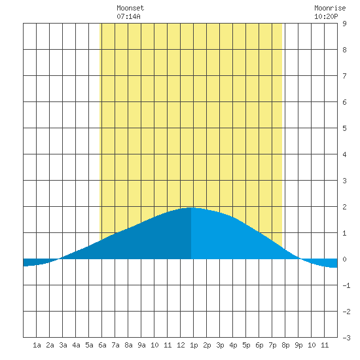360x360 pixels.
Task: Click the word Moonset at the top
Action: click(x=130, y=8)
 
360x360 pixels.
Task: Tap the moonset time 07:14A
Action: click(x=128, y=16)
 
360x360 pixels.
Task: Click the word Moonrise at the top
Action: click(x=330, y=8)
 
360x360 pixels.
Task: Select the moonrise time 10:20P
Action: click(x=326, y=16)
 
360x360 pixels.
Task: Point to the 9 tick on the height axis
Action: click(x=344, y=24)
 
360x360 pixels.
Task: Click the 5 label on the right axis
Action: click(x=344, y=128)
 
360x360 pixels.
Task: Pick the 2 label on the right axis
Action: click(x=344, y=207)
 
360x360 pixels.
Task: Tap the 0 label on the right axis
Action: click(x=344, y=259)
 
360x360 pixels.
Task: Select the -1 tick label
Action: click(x=346, y=285)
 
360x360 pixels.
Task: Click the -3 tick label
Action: click(x=346, y=338)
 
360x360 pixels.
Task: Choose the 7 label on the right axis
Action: click(x=344, y=76)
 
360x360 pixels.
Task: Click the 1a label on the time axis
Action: click(x=37, y=345)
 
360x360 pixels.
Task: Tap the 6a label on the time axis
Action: click(x=102, y=345)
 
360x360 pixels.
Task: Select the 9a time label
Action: click(x=141, y=345)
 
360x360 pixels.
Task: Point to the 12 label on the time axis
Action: click(x=181, y=345)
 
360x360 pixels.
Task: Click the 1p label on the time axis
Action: click(x=194, y=345)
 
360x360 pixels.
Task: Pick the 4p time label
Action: click(x=233, y=345)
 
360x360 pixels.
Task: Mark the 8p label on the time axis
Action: click(x=285, y=345)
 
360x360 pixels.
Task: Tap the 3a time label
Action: click(x=63, y=345)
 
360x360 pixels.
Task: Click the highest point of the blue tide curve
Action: click(x=190, y=207)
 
